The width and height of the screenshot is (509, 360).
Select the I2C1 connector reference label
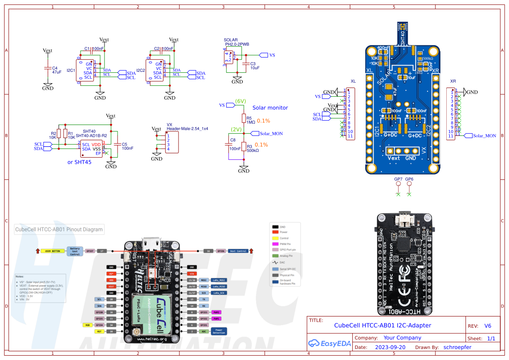point(71,70)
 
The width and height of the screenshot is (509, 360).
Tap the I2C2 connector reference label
point(141,70)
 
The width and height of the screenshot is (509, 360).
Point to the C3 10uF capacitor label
point(255,66)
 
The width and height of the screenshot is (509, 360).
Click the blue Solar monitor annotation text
point(270,108)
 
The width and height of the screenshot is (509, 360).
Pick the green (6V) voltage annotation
point(241,101)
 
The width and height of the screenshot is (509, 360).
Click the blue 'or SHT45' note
point(79,162)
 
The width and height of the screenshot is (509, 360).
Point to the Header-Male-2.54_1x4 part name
point(187,129)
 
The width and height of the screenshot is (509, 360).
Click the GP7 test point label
point(398,179)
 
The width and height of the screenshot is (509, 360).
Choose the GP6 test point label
point(409,179)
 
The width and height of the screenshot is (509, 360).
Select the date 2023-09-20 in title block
point(390,347)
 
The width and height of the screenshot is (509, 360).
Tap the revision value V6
point(488,326)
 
